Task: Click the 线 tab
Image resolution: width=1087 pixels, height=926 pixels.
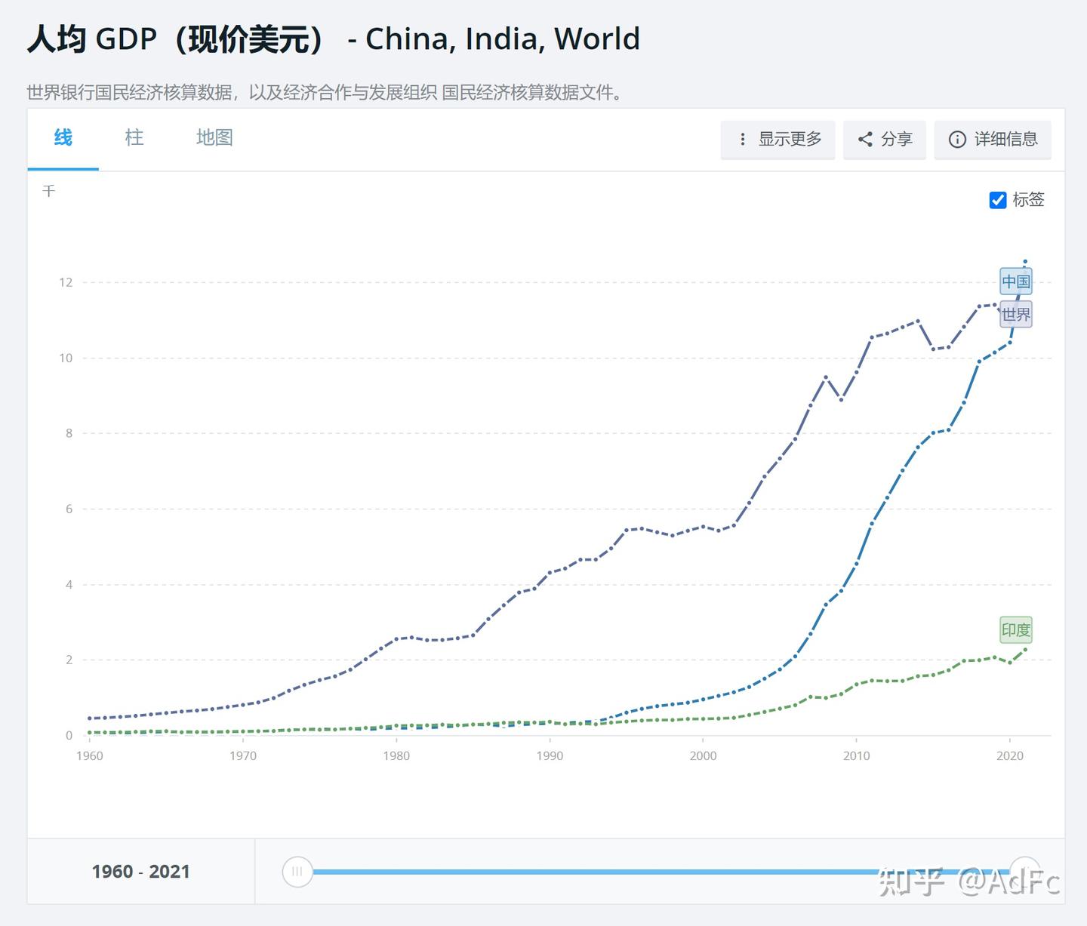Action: click(63, 138)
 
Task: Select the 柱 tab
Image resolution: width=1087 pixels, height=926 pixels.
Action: click(134, 138)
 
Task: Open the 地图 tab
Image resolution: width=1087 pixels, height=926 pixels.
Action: click(214, 138)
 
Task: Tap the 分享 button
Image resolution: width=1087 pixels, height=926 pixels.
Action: click(885, 140)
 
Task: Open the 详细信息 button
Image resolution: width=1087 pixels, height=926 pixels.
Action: click(993, 140)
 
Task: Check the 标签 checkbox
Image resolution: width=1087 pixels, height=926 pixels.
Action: click(998, 200)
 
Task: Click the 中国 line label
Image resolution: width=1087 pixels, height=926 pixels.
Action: click(1016, 282)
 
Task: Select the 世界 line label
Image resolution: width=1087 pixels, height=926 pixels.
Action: click(1016, 315)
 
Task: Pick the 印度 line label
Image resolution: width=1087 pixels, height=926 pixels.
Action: click(1016, 630)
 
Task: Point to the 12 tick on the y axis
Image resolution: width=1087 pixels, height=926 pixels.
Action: click(66, 282)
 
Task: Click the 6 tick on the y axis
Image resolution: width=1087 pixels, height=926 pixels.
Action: click(69, 509)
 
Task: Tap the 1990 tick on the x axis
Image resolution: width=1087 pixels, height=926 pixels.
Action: click(550, 755)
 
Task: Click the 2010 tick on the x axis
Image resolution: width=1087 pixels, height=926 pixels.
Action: click(857, 755)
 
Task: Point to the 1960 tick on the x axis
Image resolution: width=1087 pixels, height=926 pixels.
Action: click(90, 755)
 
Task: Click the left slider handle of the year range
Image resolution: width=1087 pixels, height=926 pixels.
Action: click(297, 872)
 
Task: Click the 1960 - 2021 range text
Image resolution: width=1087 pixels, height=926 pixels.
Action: click(141, 872)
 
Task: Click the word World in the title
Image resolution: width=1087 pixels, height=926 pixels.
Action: click(596, 39)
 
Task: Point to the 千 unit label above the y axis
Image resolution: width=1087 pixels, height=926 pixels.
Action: click(49, 192)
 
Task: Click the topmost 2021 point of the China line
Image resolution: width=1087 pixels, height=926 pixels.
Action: click(1025, 262)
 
